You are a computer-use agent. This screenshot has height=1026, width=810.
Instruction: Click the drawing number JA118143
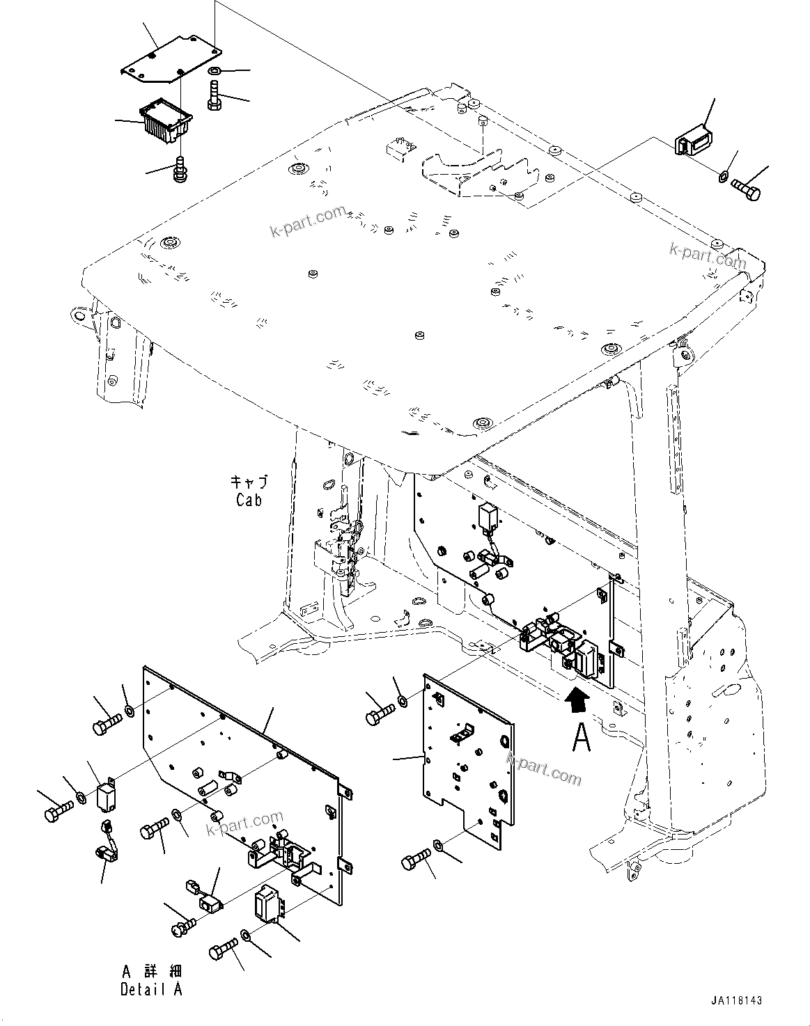(737, 1000)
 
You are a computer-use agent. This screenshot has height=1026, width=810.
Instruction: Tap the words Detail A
(151, 989)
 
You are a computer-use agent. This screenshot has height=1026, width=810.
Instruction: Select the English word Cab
(249, 499)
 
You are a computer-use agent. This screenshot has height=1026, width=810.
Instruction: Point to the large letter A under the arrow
(581, 738)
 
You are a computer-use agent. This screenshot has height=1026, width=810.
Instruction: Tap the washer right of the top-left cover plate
(215, 71)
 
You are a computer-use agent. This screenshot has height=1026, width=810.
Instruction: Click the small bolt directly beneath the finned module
(180, 169)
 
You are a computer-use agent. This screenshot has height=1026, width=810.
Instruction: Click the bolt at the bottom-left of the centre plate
(416, 862)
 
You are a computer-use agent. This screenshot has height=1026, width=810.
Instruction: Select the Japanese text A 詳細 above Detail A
(151, 971)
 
